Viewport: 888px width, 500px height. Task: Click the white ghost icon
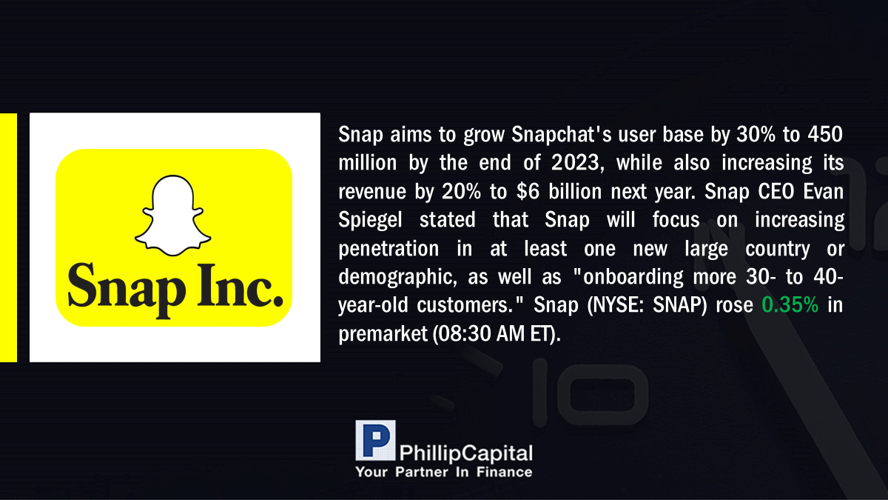coord(173,216)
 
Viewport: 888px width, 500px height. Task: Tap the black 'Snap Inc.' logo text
coord(175,290)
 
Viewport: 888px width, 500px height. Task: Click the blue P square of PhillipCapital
coord(375,440)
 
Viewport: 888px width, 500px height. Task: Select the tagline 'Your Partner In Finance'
coord(443,472)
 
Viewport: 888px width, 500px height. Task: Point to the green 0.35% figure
coord(790,304)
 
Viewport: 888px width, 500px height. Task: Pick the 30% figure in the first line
coord(756,134)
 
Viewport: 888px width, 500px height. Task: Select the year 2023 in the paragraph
coord(578,163)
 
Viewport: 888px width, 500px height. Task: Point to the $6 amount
coord(528,191)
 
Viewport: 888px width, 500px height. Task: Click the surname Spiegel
coord(370,221)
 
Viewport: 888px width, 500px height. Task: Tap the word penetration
coord(388,249)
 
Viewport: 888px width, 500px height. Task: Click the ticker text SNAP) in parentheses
coord(680,305)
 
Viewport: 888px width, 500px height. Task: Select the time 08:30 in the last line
coord(464,333)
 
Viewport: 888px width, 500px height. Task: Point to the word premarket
coord(383,334)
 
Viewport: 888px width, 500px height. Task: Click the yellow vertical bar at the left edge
coord(8,238)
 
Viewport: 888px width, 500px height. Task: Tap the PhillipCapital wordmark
coord(465,453)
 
